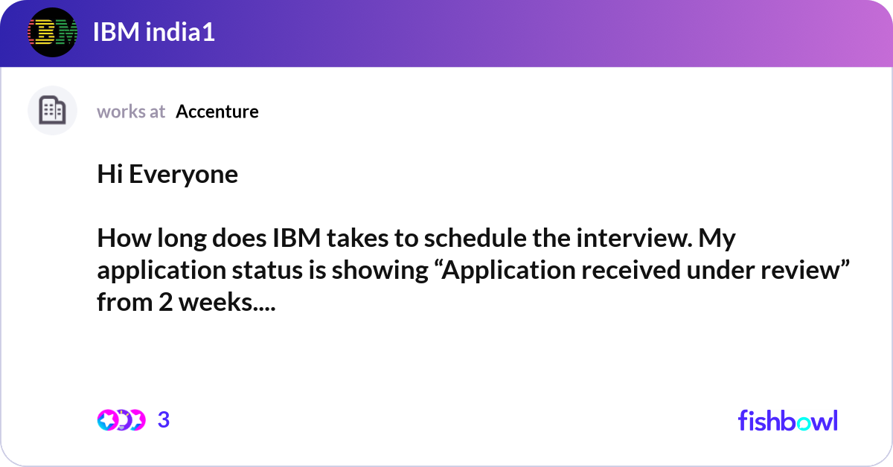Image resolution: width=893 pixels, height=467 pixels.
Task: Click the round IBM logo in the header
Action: [52, 32]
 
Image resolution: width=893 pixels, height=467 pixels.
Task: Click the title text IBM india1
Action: [154, 32]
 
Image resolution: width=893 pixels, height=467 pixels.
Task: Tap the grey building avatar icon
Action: [52, 110]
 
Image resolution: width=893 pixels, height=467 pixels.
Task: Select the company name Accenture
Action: [217, 112]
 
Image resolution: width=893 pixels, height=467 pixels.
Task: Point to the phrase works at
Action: [131, 112]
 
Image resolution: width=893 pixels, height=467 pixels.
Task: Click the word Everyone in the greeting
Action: [183, 175]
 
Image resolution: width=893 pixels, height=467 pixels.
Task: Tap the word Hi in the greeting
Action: [109, 174]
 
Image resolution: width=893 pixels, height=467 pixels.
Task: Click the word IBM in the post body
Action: [297, 238]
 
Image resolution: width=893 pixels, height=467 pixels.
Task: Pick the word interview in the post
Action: [633, 238]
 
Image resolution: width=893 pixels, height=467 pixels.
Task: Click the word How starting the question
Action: [124, 238]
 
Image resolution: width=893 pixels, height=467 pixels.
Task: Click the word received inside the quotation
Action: [631, 270]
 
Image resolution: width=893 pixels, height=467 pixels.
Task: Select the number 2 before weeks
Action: [165, 302]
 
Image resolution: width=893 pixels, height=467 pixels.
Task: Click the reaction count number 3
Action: [164, 420]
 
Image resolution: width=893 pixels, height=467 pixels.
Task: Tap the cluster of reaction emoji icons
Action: [121, 420]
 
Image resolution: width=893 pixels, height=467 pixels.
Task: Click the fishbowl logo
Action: [788, 420]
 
